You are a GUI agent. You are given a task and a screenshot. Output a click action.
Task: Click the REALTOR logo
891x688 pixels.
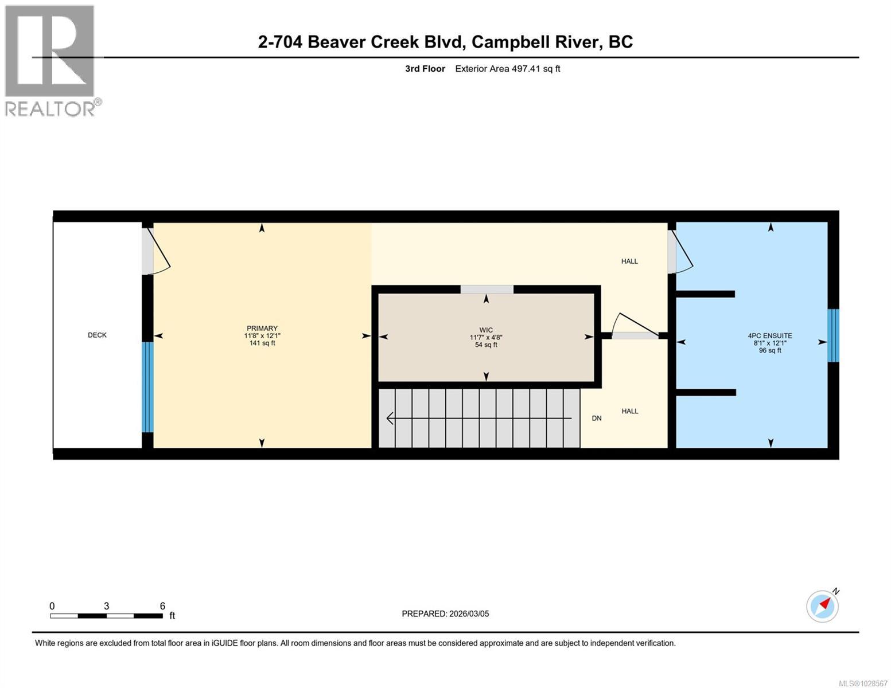(x=50, y=60)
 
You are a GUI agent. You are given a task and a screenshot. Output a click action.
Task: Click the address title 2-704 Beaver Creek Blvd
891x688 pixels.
(x=445, y=42)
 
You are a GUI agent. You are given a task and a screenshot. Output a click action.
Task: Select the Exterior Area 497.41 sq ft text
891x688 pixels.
(x=507, y=69)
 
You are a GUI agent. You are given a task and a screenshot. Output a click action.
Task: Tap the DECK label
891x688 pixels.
(x=97, y=335)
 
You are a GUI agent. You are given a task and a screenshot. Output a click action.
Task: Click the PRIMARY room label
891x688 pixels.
(x=262, y=329)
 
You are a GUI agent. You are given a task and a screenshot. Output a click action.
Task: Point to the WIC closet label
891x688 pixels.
(x=486, y=330)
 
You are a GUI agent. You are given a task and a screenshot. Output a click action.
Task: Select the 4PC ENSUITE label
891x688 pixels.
(x=770, y=336)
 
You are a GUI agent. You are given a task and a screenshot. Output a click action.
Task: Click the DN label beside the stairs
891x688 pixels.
(x=597, y=419)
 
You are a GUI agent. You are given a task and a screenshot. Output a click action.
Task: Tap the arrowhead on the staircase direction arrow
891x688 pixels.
(x=390, y=419)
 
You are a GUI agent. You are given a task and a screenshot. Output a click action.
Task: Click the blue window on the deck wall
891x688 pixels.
(x=147, y=387)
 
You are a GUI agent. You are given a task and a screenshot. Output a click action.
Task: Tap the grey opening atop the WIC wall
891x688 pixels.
(x=487, y=290)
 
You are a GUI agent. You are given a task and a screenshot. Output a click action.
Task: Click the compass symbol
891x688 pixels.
(x=823, y=605)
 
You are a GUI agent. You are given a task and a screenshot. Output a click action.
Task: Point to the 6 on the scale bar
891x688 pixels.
(x=162, y=606)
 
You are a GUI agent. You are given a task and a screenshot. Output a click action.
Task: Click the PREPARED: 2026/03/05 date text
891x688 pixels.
(x=445, y=613)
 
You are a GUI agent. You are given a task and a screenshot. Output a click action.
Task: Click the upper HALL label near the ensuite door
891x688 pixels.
(x=629, y=261)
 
